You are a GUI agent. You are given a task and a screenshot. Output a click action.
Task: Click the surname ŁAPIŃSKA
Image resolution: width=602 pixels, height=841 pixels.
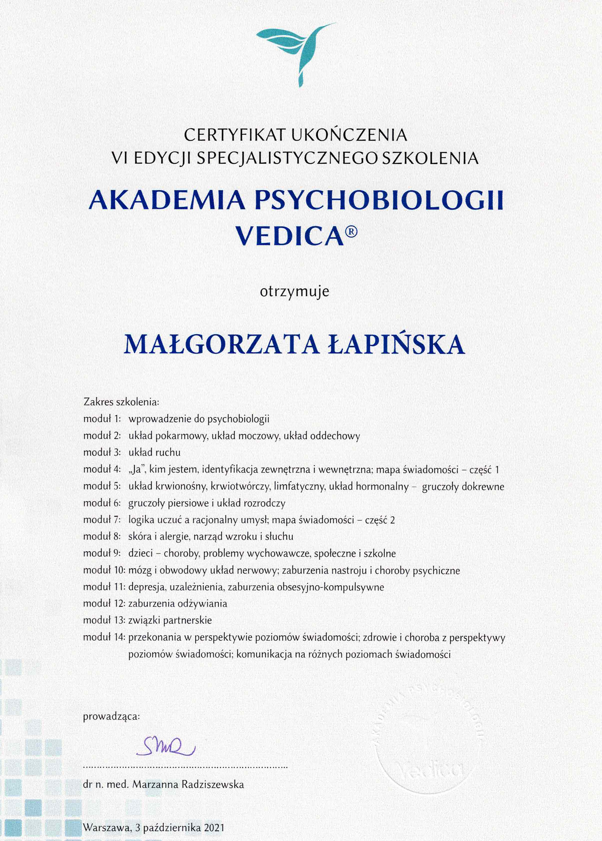pos(397,344)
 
